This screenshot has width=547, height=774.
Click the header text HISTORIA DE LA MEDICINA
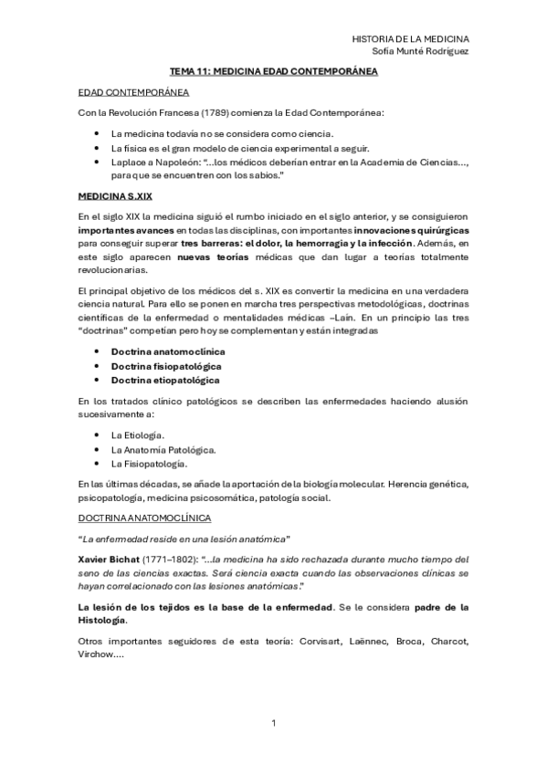pos(410,38)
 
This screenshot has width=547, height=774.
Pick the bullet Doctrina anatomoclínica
pos(168,350)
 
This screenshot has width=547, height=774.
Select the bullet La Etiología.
pos(137,435)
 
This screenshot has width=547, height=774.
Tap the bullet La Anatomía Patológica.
pos(163,450)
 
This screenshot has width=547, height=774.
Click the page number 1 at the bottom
pos(273,725)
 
